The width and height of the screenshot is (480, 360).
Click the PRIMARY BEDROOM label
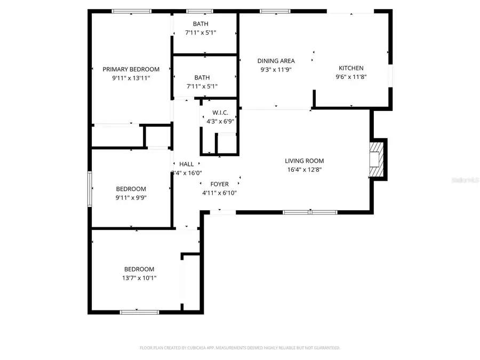[131, 69]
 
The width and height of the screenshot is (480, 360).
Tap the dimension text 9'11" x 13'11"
[131, 78]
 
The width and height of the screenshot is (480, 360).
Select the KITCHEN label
[351, 68]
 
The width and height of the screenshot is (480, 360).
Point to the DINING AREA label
[276, 61]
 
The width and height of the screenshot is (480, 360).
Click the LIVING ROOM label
[304, 161]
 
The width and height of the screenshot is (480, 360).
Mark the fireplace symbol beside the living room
[378, 159]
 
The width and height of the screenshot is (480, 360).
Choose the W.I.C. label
[220, 113]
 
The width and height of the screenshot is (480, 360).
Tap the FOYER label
[219, 185]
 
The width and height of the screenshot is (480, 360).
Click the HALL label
[187, 164]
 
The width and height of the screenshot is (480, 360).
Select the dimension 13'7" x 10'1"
[139, 278]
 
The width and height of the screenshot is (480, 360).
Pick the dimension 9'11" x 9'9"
[131, 197]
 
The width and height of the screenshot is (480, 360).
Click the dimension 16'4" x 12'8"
[304, 170]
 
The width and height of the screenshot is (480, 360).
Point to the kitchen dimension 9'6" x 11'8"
[351, 76]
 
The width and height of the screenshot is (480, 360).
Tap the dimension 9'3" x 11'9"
[276, 69]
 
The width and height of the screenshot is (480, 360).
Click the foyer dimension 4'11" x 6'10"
[219, 193]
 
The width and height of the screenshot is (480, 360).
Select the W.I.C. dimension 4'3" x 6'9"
[220, 121]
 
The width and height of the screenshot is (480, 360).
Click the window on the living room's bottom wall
[310, 212]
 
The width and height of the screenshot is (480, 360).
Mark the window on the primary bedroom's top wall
[131, 11]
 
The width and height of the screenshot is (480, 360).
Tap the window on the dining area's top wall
[275, 11]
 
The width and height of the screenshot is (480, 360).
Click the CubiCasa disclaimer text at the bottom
[239, 348]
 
